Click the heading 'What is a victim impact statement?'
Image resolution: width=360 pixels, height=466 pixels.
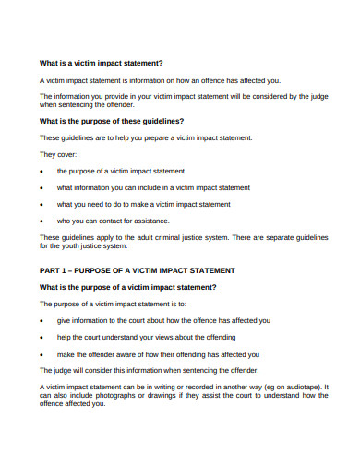point(101,63)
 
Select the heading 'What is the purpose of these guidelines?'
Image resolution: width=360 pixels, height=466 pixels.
point(111,121)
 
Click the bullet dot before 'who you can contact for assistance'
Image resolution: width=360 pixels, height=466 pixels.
point(42,221)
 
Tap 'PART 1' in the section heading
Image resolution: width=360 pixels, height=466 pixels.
point(55,270)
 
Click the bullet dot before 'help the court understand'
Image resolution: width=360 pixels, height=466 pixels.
point(42,337)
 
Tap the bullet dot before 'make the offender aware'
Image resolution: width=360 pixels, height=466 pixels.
point(42,353)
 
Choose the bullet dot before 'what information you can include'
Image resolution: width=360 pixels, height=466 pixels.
point(42,187)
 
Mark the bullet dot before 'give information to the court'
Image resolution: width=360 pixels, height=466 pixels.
point(42,320)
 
